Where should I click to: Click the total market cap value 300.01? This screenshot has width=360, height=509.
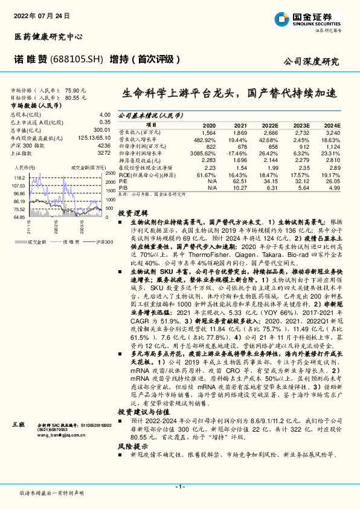tap(102, 130)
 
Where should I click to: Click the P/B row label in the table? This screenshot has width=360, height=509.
tap(123, 188)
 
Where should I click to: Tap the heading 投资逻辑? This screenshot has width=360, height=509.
tap(132, 213)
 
